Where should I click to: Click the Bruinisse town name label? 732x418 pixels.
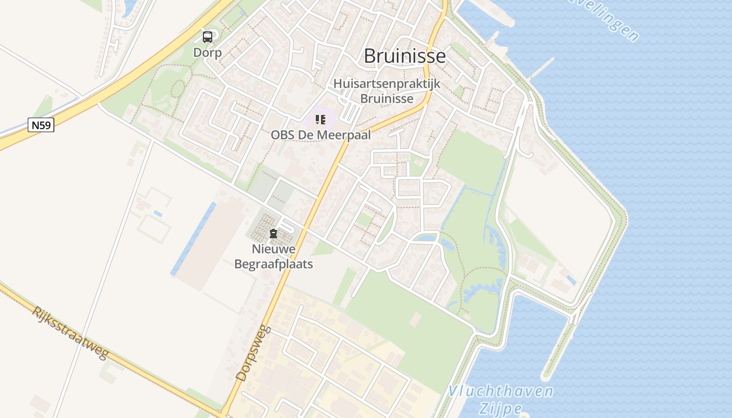pos(405,56)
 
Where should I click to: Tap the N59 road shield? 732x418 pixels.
pos(41,125)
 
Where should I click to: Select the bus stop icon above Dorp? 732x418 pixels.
pos(208,37)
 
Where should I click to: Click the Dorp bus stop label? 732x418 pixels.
pos(208,53)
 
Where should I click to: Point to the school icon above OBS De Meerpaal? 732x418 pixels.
pos(321,120)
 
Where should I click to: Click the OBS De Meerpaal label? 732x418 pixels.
pos(321,135)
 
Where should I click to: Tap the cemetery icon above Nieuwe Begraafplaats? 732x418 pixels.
pos(273,234)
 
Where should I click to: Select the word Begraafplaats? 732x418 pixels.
pos(273,264)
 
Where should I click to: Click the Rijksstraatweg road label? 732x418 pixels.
pos(70,333)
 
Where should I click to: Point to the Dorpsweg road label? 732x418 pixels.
pos(254,353)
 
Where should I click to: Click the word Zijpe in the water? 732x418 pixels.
pos(500,408)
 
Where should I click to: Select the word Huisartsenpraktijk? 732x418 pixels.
pos(387,84)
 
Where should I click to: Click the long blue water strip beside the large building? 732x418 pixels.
pos(193,238)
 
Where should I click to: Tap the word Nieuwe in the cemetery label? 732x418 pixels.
pos(273,249)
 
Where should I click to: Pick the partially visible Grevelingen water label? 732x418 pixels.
pos(607,21)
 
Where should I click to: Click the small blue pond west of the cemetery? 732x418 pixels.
pos(157,214)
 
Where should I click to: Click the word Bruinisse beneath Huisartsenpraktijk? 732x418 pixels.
pos(387,98)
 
